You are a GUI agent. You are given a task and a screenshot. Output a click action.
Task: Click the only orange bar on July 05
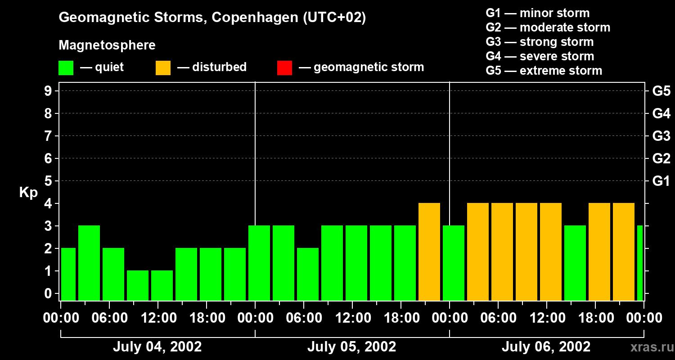[x=429, y=252]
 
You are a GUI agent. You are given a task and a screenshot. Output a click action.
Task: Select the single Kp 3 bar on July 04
[x=89, y=263]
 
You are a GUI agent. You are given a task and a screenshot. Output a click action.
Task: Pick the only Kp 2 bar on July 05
[x=308, y=274]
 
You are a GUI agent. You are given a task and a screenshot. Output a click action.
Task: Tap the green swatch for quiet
[x=66, y=68]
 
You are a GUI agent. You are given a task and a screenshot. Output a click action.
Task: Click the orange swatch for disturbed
[x=163, y=68]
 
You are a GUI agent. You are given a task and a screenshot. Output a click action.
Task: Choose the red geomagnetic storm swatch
[x=284, y=68]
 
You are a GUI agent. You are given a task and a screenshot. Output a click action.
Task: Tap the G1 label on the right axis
[x=661, y=181]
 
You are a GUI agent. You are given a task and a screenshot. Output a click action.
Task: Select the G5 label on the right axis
[x=661, y=91]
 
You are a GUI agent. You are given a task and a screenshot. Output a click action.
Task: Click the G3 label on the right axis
[x=661, y=136]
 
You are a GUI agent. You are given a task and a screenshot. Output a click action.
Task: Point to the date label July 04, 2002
[x=157, y=347]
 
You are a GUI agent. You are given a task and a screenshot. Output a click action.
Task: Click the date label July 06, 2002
[x=546, y=347]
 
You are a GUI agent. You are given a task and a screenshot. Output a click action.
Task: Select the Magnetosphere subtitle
[x=107, y=45]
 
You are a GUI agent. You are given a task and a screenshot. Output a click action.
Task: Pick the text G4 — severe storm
[x=540, y=56]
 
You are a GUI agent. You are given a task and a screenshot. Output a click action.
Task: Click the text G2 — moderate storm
[x=548, y=27]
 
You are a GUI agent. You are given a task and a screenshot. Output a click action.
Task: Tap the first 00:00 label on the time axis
[x=62, y=318]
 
